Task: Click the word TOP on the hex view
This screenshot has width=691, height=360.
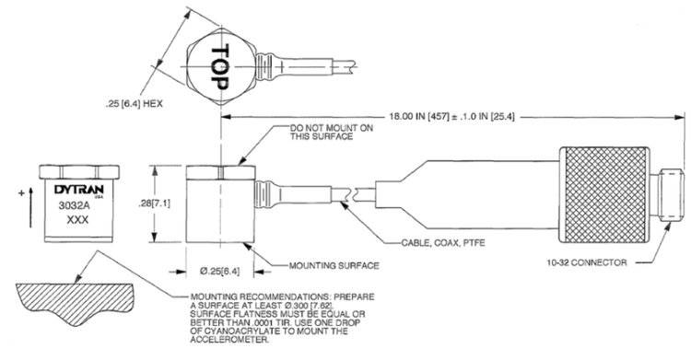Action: pyautogui.click(x=220, y=66)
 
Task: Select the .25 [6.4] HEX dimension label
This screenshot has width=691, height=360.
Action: pyautogui.click(x=134, y=104)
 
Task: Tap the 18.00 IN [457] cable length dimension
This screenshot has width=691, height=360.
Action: pyautogui.click(x=451, y=117)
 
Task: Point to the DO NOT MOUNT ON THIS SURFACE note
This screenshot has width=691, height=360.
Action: pyautogui.click(x=331, y=133)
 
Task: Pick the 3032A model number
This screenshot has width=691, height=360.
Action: pyautogui.click(x=71, y=205)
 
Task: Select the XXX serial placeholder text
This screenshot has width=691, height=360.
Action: pyautogui.click(x=77, y=219)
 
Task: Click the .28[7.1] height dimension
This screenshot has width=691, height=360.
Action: pyautogui.click(x=154, y=203)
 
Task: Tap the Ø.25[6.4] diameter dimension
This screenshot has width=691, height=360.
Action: pyautogui.click(x=220, y=271)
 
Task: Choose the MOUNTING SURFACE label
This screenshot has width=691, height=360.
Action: pyautogui.click(x=334, y=266)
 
